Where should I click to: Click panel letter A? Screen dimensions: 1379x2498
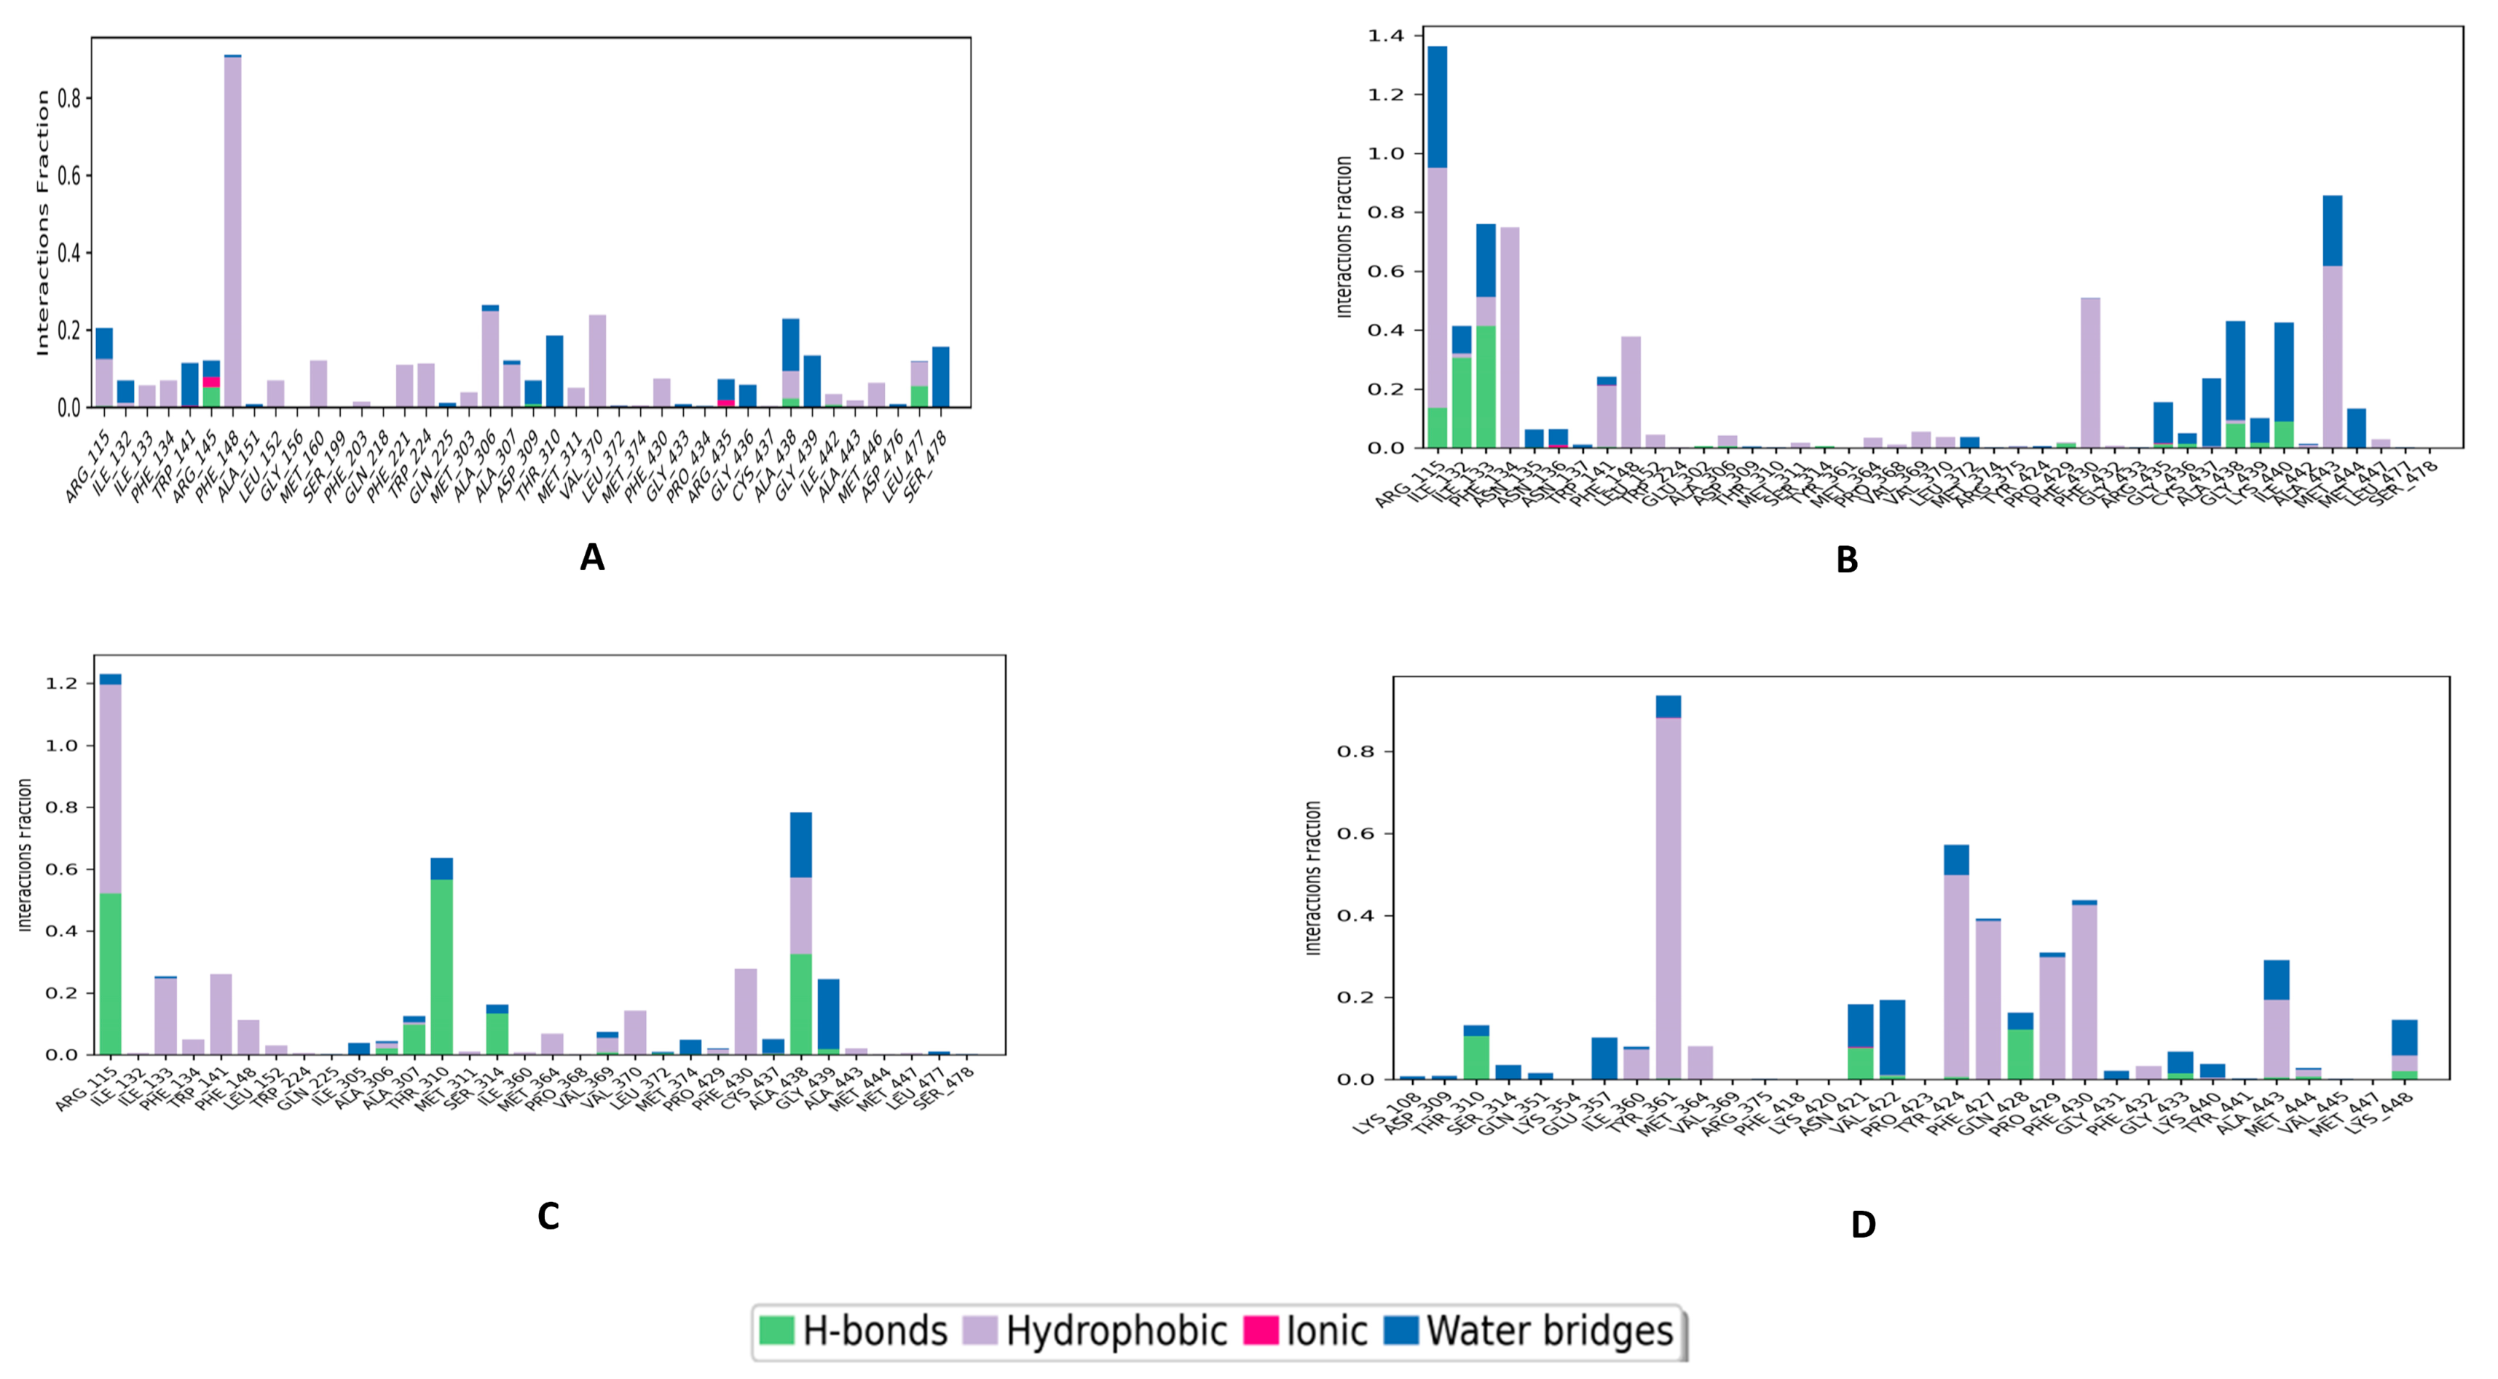click(x=591, y=558)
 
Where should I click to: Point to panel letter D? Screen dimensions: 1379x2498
click(x=1863, y=1225)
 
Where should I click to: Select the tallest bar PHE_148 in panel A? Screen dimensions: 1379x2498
click(x=233, y=233)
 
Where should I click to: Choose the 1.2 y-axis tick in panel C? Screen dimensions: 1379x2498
click(x=60, y=684)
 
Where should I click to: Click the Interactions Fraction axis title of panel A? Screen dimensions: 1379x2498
click(x=42, y=223)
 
